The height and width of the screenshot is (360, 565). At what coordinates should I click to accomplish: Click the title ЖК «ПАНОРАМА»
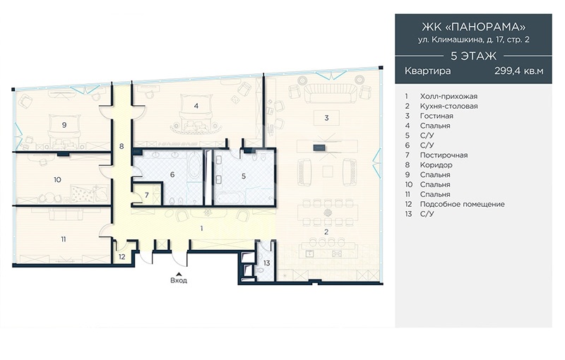click(x=473, y=27)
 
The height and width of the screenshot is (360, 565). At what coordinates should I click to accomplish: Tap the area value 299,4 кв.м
click(x=518, y=71)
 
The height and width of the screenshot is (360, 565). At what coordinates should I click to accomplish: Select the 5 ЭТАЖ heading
click(x=473, y=56)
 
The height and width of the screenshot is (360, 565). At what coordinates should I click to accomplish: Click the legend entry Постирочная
click(x=444, y=155)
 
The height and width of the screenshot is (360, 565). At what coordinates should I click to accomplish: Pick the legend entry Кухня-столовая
click(x=448, y=106)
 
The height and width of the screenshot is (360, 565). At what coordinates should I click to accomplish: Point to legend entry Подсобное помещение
click(x=462, y=204)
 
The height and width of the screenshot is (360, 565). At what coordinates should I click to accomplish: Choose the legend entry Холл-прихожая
click(x=448, y=97)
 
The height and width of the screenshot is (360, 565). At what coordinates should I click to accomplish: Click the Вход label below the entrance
click(x=179, y=280)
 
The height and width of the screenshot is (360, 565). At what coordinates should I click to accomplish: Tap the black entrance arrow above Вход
click(x=179, y=273)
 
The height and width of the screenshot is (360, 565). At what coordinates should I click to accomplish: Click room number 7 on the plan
click(x=147, y=196)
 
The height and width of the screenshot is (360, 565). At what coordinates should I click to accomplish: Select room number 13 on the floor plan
click(x=267, y=263)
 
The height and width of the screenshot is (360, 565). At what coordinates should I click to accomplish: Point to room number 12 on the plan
click(x=122, y=257)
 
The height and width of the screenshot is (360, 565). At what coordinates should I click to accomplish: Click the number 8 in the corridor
click(x=121, y=146)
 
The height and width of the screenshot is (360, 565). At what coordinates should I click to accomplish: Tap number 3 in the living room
click(x=326, y=118)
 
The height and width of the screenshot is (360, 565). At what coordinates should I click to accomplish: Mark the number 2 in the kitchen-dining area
click(x=326, y=232)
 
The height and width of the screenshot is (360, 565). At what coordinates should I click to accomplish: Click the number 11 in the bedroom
click(x=64, y=239)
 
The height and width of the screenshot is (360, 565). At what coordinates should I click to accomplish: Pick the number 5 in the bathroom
click(x=244, y=176)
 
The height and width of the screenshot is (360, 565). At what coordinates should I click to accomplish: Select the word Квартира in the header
click(x=427, y=71)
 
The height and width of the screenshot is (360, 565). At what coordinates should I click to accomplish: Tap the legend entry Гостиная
click(x=436, y=116)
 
